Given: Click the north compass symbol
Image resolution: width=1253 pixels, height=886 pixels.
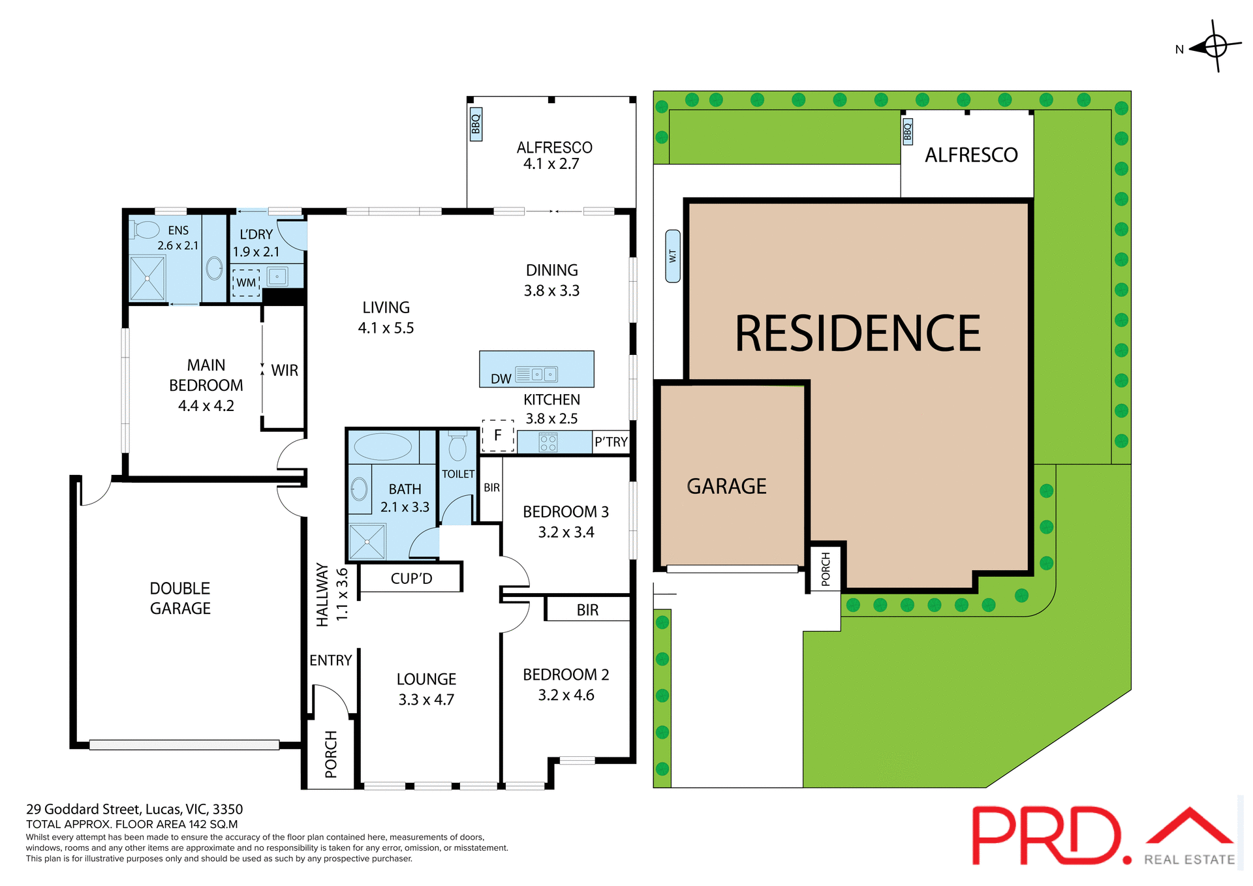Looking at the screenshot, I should [x=1214, y=46].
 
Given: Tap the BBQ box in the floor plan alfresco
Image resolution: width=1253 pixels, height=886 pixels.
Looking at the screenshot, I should [x=476, y=124].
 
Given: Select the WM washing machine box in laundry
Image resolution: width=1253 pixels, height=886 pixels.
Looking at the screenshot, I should [x=246, y=283].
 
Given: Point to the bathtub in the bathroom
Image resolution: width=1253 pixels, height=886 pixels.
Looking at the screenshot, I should [x=382, y=447].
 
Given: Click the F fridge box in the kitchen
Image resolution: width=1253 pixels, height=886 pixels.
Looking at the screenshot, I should [x=498, y=436].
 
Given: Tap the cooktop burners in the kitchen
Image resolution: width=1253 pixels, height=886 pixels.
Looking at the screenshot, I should [x=548, y=443].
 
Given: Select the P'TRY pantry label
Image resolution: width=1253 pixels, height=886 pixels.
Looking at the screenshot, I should [x=611, y=442].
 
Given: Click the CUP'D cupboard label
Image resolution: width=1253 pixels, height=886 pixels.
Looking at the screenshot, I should [x=411, y=579].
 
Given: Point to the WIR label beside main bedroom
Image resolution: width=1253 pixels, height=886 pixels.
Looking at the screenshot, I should [x=285, y=371].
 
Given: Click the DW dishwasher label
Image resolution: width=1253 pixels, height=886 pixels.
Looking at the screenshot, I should [x=501, y=379].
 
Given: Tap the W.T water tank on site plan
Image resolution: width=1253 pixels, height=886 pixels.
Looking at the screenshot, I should [x=673, y=256].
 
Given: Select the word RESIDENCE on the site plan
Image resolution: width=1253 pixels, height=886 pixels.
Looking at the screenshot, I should [x=858, y=333].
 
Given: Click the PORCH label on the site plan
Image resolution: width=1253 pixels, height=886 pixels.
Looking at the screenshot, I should [x=826, y=569].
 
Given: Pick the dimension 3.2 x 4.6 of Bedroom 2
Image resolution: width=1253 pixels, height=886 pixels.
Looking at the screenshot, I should [x=566, y=695].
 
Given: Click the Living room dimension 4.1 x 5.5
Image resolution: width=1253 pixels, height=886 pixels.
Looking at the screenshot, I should [x=386, y=328].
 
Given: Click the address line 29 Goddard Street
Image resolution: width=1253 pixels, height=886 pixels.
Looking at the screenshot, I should [x=134, y=810].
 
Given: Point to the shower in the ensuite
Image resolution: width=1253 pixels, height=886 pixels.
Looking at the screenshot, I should [x=147, y=279].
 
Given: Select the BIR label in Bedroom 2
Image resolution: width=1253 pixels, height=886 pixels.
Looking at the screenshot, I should [x=587, y=610].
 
